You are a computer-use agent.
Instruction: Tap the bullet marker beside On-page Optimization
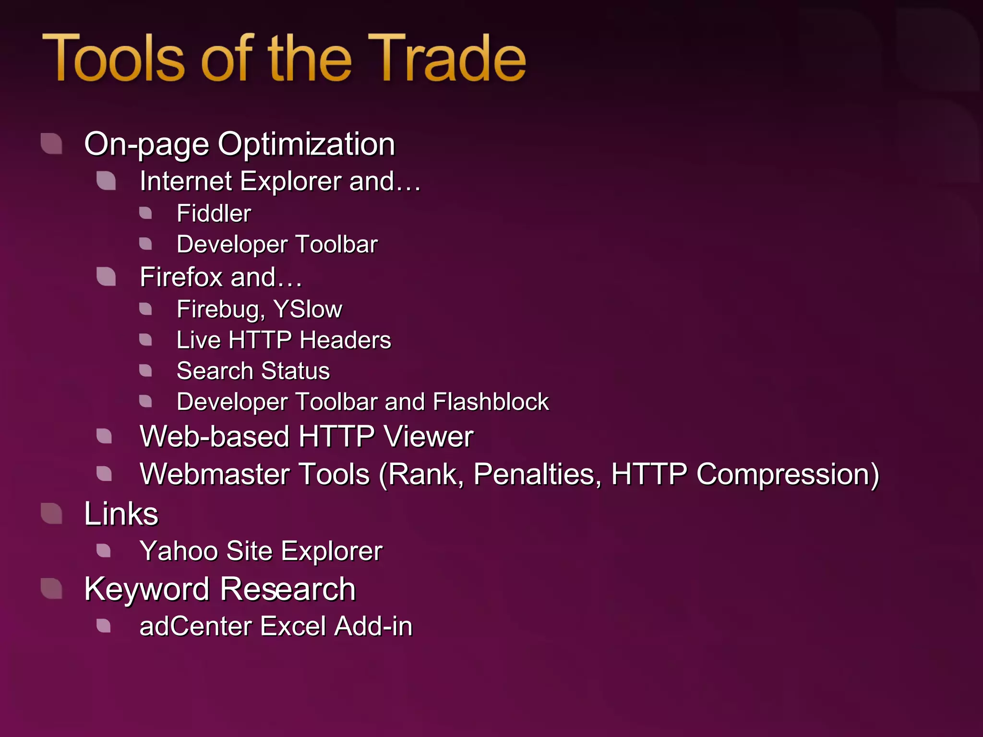pos(52,143)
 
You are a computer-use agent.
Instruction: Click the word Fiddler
pos(214,214)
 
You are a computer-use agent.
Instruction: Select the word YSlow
pos(308,309)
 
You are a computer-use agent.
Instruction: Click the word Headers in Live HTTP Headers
pos(346,340)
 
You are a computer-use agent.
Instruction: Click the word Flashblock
pos(491,402)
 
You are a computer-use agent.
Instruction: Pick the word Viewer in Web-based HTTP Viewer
pos(428,437)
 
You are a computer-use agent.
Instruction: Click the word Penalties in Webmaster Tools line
pos(537,475)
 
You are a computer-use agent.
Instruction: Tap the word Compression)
pos(787,475)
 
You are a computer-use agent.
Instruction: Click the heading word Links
pos(121,514)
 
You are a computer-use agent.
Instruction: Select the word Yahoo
pos(179,551)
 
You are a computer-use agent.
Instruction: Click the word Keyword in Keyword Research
pos(146,589)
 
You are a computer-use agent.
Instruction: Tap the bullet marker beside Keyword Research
pos(52,589)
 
